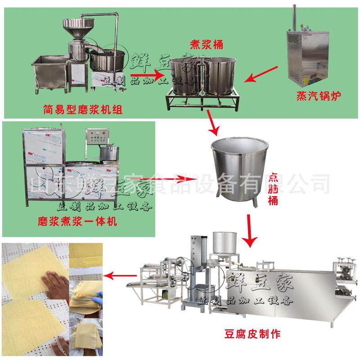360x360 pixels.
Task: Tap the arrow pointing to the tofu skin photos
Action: [x=124, y=273]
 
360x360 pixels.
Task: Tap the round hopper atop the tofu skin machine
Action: [x=225, y=243]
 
